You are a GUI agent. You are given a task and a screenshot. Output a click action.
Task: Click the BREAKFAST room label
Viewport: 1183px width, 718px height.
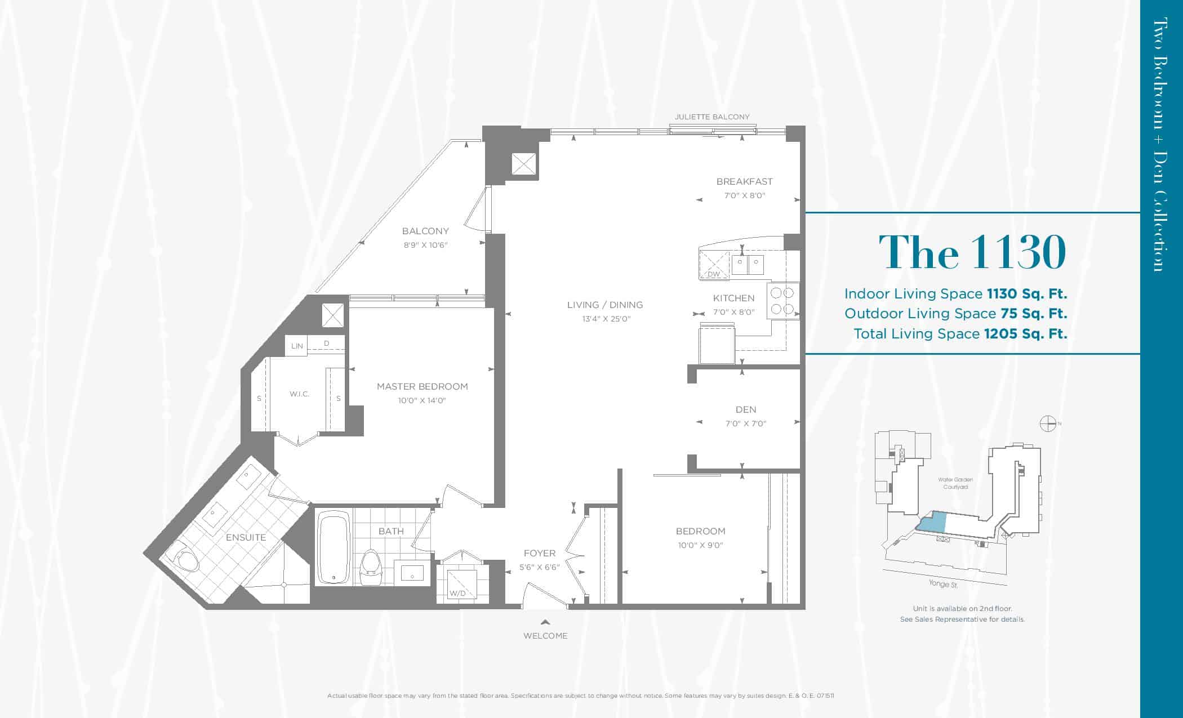tap(744, 181)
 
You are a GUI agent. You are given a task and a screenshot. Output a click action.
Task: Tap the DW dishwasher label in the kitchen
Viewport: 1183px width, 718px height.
tap(714, 274)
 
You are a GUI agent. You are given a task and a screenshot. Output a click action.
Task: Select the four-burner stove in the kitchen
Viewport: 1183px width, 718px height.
tap(782, 301)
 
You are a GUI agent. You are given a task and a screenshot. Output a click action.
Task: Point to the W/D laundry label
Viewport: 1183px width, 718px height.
tap(457, 593)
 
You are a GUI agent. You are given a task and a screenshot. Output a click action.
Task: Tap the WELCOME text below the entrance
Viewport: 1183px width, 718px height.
tap(545, 636)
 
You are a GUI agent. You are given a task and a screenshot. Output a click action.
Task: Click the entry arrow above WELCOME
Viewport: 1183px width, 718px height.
tap(545, 622)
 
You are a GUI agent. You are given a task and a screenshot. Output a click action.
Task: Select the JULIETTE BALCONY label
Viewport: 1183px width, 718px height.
tap(712, 117)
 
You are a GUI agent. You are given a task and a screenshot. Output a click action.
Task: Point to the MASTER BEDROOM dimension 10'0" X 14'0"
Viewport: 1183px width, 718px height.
tap(422, 401)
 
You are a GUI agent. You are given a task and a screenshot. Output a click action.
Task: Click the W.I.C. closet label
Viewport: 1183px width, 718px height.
tap(299, 394)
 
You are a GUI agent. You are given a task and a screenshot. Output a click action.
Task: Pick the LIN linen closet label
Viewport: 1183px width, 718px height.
tap(297, 346)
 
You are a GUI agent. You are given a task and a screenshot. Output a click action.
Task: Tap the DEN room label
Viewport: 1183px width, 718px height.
tap(745, 409)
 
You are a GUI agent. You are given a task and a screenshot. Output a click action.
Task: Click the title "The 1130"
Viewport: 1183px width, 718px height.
tap(972, 252)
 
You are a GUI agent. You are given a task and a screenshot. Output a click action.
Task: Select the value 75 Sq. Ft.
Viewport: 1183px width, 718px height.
tap(1034, 314)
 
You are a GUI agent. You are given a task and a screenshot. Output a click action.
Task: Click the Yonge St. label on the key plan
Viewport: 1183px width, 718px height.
tap(943, 584)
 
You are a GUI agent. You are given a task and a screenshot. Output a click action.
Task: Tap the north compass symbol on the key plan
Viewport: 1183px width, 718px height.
tap(1047, 423)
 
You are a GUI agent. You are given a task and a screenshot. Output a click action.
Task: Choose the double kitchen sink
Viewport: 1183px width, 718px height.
tap(748, 264)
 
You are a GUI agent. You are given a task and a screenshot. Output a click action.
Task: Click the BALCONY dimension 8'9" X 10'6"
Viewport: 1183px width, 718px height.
tap(425, 246)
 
